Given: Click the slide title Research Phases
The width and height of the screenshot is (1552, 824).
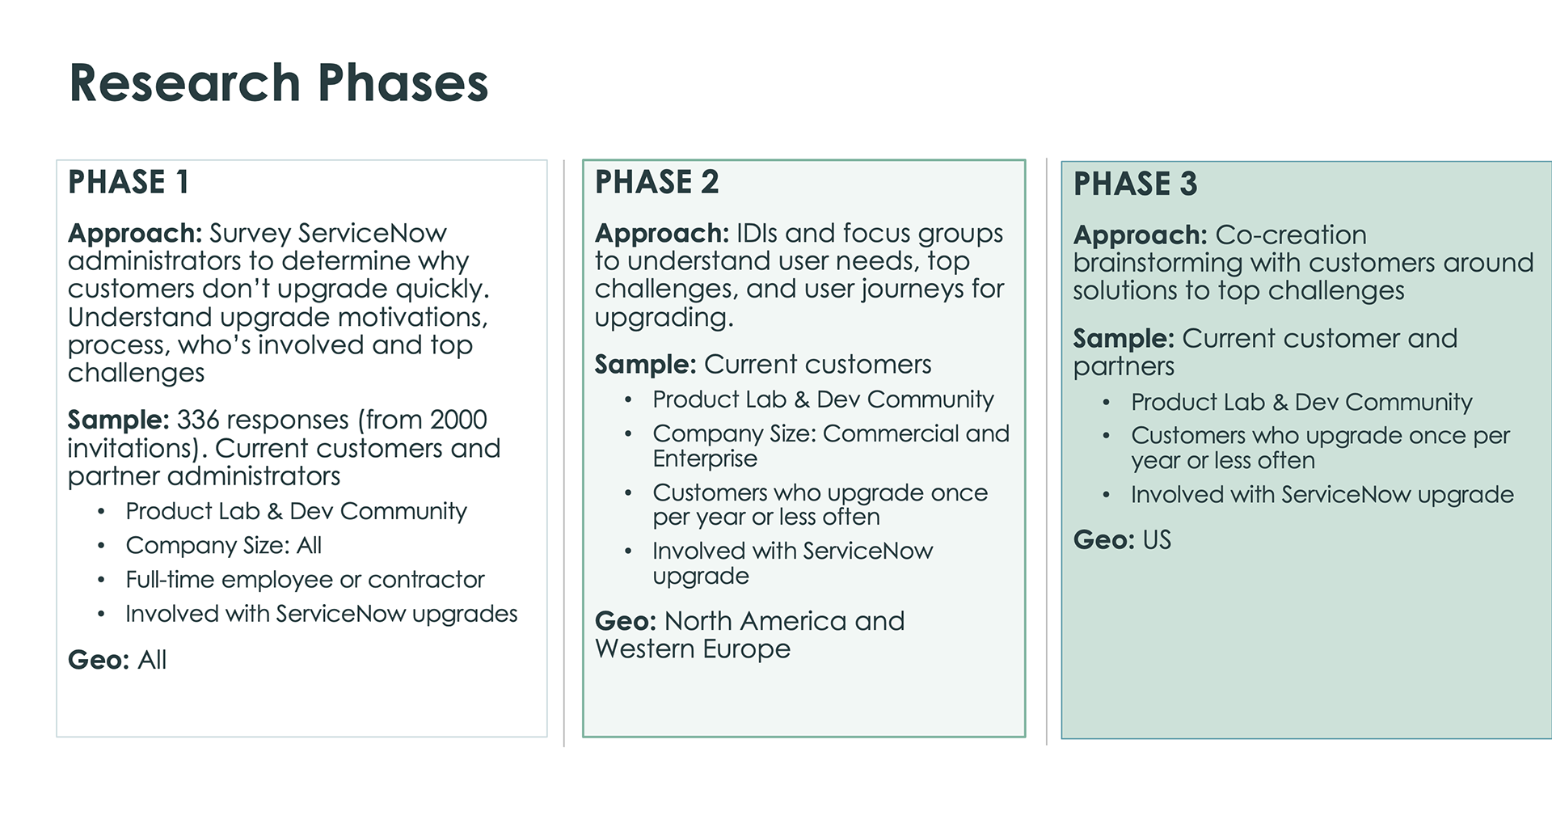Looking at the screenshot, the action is coord(279,82).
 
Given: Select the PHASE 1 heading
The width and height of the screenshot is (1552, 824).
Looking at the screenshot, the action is coord(129,182).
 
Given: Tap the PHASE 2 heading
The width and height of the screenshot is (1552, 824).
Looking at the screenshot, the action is coord(656,182).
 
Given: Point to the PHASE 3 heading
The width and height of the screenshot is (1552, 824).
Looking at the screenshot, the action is coord(1135,184).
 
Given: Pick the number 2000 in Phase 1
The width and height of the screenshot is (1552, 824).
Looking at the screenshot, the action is coord(458,420).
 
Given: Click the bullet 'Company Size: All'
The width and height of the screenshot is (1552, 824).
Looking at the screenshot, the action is coord(224,545).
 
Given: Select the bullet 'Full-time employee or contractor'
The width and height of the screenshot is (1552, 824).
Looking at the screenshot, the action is coord(305,579).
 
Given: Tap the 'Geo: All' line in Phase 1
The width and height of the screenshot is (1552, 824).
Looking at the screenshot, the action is coord(117,660).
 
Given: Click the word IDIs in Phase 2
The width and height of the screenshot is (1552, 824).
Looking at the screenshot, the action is coord(757,233).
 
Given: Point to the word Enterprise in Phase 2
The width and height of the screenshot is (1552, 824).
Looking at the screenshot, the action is coord(705,458).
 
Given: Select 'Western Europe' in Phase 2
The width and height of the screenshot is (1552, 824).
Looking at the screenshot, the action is coord(693,649).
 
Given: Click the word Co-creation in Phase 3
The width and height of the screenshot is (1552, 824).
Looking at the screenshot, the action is coord(1291,235).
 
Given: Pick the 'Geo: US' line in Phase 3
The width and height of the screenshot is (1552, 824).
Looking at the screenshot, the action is coord(1122,539).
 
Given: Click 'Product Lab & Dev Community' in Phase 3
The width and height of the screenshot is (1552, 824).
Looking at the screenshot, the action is coord(1301,402).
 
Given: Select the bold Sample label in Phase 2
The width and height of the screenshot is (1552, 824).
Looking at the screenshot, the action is coord(645,365).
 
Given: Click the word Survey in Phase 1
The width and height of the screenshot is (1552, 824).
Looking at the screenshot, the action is coord(250,234).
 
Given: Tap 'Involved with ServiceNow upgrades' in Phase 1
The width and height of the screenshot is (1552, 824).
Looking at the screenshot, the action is coord(322,614).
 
